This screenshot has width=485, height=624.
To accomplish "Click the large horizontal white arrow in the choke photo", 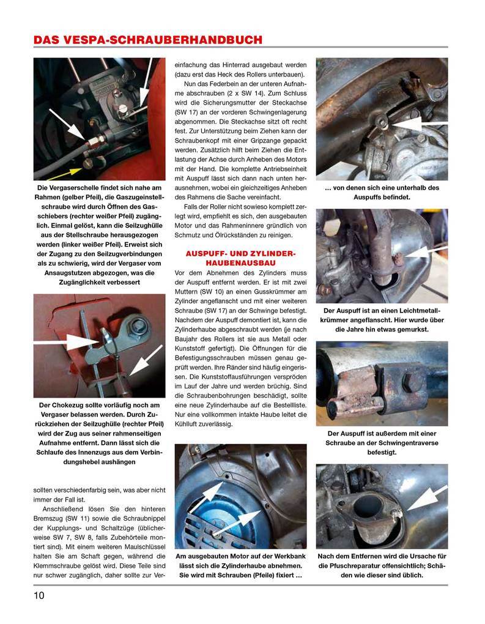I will [68, 336].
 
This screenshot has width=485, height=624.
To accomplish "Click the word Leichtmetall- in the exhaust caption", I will [409, 310].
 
